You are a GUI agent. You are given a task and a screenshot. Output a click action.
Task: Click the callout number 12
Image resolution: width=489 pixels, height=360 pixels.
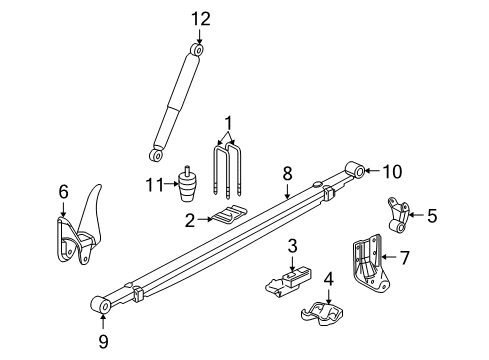point(197,18)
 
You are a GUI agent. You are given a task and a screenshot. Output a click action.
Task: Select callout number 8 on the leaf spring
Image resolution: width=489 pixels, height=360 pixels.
point(287,173)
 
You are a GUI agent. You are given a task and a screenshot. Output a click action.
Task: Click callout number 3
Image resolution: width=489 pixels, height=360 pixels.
point(293,246)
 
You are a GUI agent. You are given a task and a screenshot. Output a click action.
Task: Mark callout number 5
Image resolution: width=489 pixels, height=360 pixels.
point(432,214)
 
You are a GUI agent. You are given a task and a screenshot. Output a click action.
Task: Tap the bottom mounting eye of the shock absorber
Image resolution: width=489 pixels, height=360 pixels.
point(156,154)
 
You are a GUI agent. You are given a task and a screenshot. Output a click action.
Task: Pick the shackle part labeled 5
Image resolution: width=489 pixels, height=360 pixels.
point(398,213)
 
